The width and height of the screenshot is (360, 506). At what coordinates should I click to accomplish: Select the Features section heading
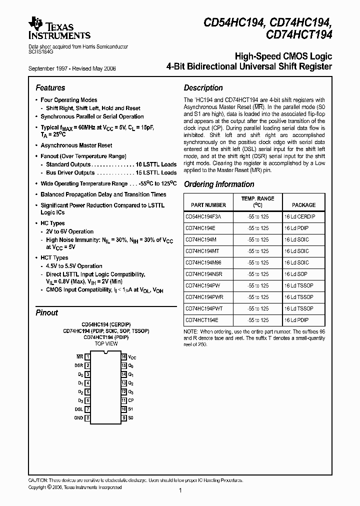pos(50,87)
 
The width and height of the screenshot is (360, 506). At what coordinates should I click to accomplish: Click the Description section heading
pos(203,87)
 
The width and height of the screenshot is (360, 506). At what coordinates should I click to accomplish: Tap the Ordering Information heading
pos(219,184)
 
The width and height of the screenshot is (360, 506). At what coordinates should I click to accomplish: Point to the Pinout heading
pos(47,312)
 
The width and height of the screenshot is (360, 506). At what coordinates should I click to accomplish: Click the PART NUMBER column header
pos(208,205)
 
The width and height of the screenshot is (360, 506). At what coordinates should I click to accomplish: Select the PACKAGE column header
pos(303,205)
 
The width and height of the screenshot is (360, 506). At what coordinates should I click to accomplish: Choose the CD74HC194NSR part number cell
pos(203,274)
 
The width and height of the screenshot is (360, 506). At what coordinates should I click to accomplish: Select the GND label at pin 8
pos(79,417)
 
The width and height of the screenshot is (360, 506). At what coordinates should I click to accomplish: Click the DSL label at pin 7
pos(79,409)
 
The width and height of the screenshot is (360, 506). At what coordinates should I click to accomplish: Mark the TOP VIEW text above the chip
pos(106,344)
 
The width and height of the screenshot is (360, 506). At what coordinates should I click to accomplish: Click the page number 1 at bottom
pos(179,490)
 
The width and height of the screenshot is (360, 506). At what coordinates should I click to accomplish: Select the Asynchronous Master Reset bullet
pos(76,145)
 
